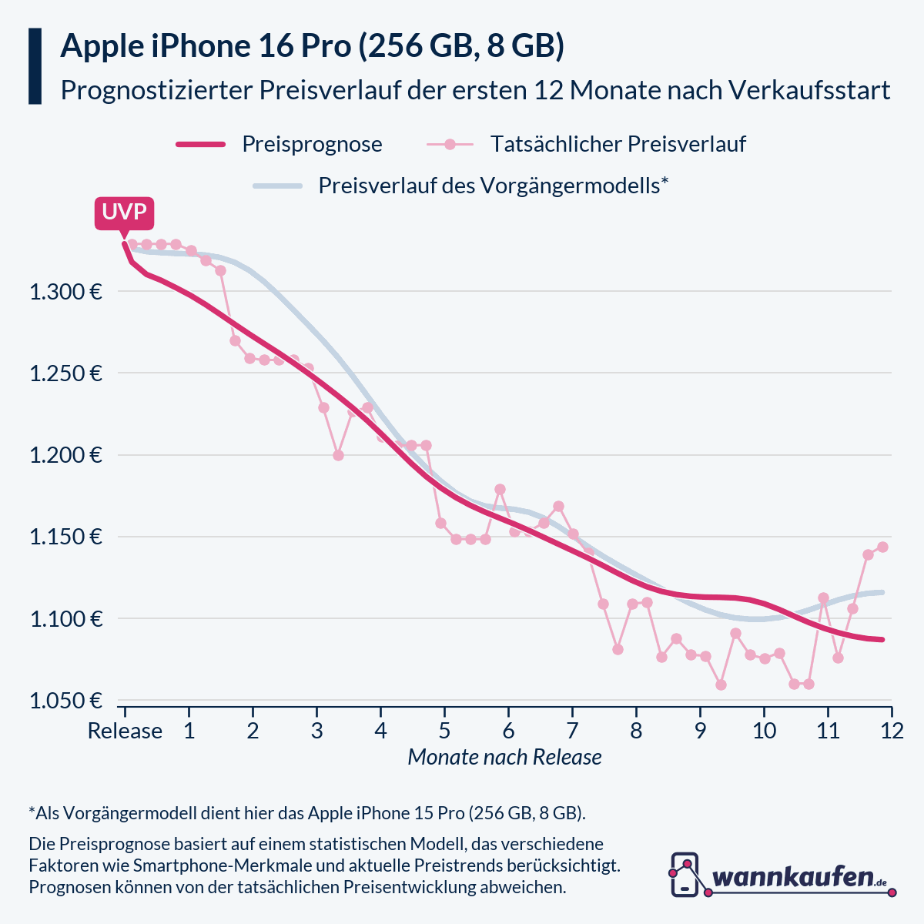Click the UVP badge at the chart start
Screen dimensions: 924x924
pyautogui.click(x=124, y=212)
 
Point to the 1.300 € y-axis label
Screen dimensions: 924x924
pyautogui.click(x=65, y=292)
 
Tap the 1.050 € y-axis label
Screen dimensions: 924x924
pyautogui.click(x=65, y=701)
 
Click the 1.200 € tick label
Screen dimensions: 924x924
pyautogui.click(x=65, y=455)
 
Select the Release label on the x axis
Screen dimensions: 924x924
pyautogui.click(x=125, y=731)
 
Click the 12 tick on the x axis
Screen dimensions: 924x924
pyautogui.click(x=892, y=731)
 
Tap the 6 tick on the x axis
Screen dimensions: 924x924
pyautogui.click(x=508, y=731)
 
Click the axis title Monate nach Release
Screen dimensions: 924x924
pyautogui.click(x=504, y=757)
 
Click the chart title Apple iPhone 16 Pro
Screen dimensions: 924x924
pyautogui.click(x=312, y=46)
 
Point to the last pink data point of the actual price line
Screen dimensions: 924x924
pyautogui.click(x=882, y=547)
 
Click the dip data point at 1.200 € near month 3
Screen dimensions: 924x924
pyautogui.click(x=338, y=455)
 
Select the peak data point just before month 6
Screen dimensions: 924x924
pyautogui.click(x=500, y=489)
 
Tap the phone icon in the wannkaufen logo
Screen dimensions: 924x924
pyautogui.click(x=685, y=875)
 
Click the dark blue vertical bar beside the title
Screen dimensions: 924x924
pyautogui.click(x=35, y=66)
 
